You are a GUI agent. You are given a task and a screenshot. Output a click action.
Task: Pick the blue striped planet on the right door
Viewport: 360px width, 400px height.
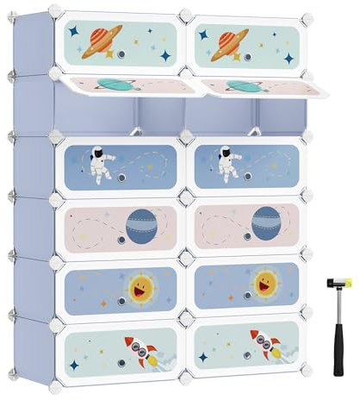[x=266, y=223]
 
